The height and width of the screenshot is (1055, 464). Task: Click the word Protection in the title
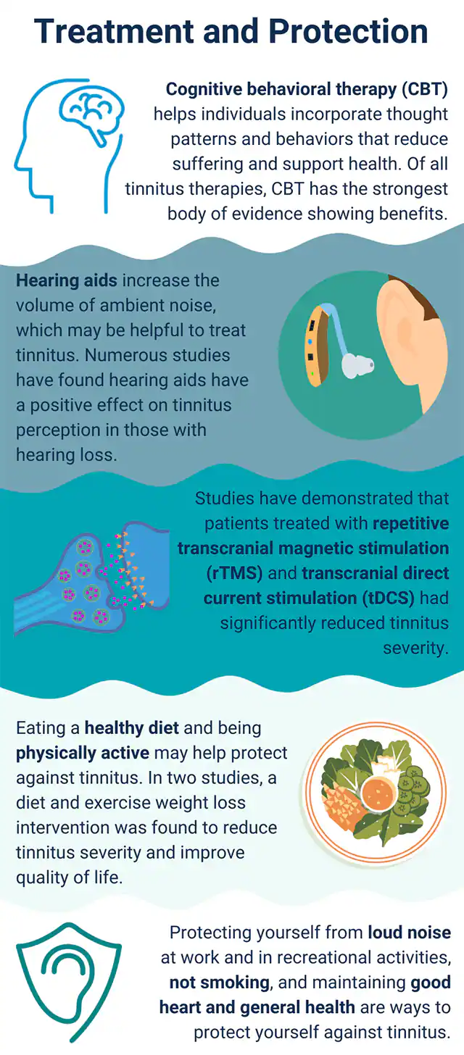tap(349, 31)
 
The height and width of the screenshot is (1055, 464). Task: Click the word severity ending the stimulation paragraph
tap(415, 647)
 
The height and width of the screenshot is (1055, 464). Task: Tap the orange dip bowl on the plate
tap(378, 792)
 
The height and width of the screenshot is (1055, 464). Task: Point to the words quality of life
tap(70, 877)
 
